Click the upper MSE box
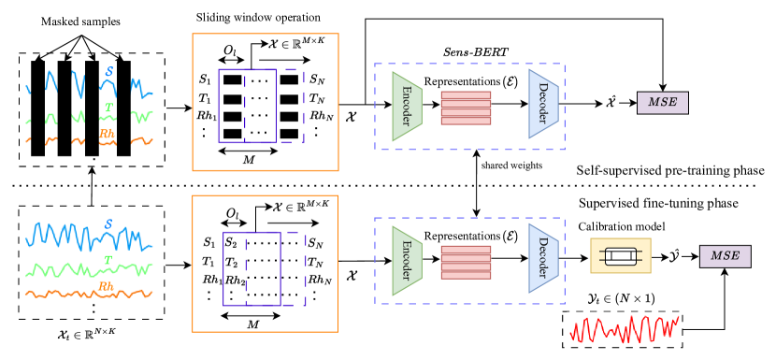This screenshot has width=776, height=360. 662,103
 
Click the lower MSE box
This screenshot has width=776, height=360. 725,256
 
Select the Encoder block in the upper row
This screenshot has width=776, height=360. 407,106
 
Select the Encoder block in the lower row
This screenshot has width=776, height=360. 407,260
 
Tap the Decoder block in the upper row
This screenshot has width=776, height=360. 543,103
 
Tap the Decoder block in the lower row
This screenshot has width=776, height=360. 543,257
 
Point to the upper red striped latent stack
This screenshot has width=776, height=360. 466,108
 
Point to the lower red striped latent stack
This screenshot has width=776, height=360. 466,262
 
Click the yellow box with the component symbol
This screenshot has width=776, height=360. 620,255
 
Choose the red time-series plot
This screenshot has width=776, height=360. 624,329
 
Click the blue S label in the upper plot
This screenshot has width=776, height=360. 109,71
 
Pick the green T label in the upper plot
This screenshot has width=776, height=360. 108,107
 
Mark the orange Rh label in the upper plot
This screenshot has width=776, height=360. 107,134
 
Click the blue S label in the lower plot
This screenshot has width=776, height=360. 108,224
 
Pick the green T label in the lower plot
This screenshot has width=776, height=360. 108,260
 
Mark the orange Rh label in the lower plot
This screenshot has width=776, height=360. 107,286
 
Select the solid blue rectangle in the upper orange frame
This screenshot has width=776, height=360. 247,106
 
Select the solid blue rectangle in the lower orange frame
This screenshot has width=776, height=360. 251,268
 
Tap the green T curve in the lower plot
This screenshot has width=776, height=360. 56,271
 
